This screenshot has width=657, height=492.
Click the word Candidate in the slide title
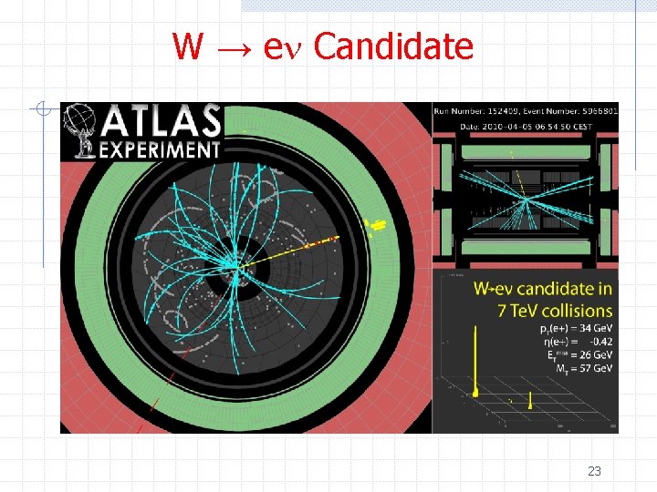coord(393,46)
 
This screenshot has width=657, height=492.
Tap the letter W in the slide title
coord(187,46)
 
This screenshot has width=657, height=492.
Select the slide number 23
coord(594,471)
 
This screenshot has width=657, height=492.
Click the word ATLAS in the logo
coord(162,122)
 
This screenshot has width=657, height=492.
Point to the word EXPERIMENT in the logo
coord(161,149)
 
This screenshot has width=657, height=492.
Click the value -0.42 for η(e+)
coord(593,342)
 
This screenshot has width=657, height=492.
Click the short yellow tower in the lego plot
coord(531,399)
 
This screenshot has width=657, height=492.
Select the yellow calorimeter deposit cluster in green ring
coord(375,222)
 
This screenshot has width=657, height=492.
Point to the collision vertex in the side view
coord(524,199)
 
